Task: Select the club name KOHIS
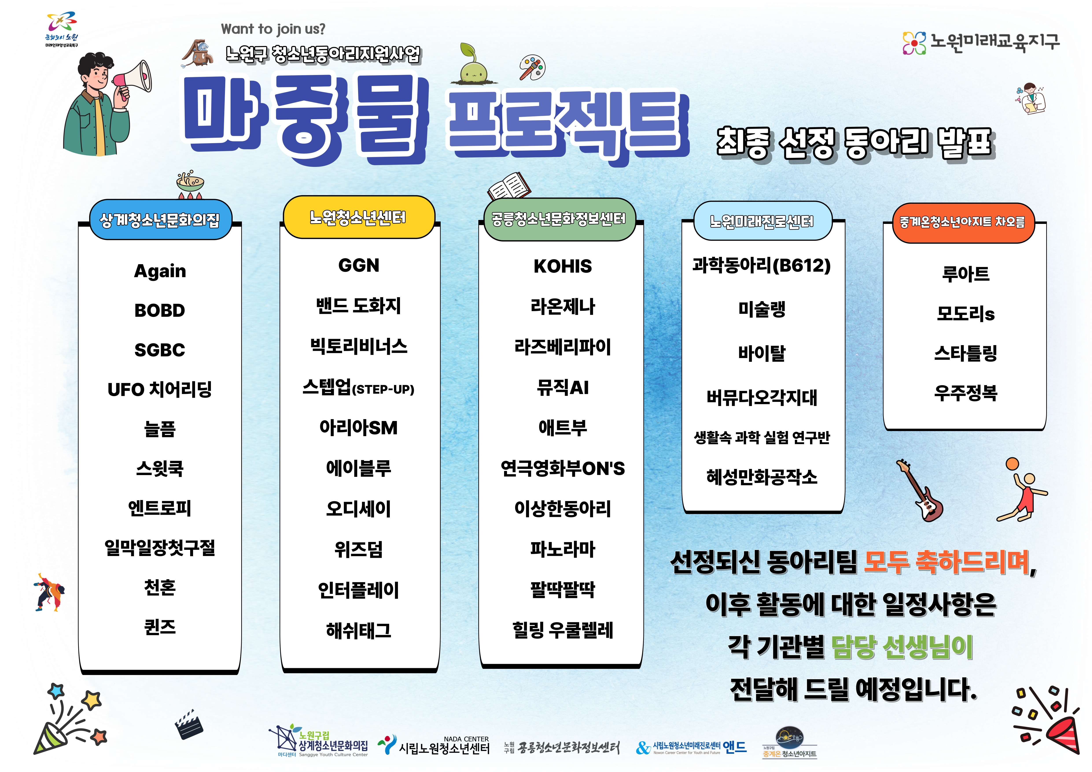(x=563, y=266)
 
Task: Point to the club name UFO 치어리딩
(x=160, y=389)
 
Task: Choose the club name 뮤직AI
(x=563, y=387)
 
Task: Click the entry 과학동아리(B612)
(x=761, y=265)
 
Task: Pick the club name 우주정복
(x=965, y=393)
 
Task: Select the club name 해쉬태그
(x=359, y=630)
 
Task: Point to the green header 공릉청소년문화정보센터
(x=559, y=219)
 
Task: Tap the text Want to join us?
(x=273, y=29)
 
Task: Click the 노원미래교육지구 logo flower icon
(x=914, y=43)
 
